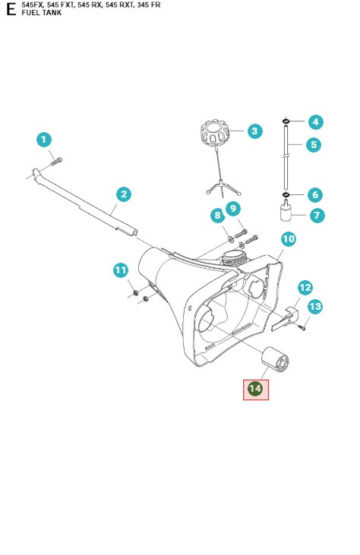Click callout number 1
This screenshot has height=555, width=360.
tap(44, 140)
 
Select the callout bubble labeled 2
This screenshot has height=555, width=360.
tap(123, 194)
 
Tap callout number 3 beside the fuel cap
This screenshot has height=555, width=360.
tap(254, 131)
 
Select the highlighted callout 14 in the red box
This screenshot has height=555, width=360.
tap(256, 389)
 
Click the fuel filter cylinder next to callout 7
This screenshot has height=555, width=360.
tap(288, 216)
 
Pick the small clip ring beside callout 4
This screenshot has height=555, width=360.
tap(286, 121)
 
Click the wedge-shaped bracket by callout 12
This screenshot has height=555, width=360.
tap(280, 313)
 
